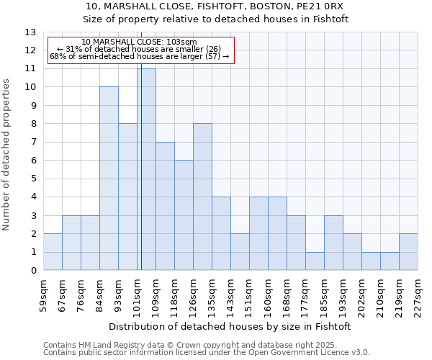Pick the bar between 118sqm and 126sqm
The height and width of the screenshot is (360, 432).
coord(184,215)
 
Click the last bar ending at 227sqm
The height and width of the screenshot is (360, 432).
coord(408,252)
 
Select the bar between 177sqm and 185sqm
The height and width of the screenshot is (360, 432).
coord(315,261)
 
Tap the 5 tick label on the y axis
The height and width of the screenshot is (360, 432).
coord(32,179)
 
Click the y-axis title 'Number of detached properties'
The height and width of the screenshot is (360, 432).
coord(7,155)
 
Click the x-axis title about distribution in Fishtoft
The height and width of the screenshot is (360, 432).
coord(230,326)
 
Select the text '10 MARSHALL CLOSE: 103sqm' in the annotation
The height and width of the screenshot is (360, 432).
coord(139,42)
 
